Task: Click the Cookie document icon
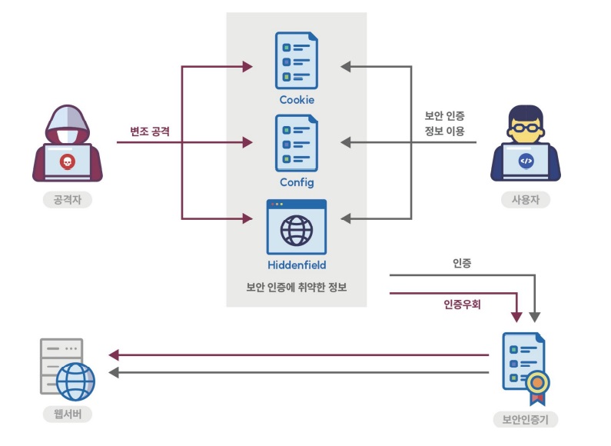297,62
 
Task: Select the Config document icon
297,143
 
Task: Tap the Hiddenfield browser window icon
297,227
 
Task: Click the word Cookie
297,100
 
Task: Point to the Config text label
297,183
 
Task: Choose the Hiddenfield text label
297,265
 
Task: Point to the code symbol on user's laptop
526,161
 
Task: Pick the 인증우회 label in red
462,305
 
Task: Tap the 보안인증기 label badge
526,420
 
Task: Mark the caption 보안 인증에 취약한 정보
297,288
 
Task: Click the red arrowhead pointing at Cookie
247,67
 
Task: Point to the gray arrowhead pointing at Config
346,142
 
